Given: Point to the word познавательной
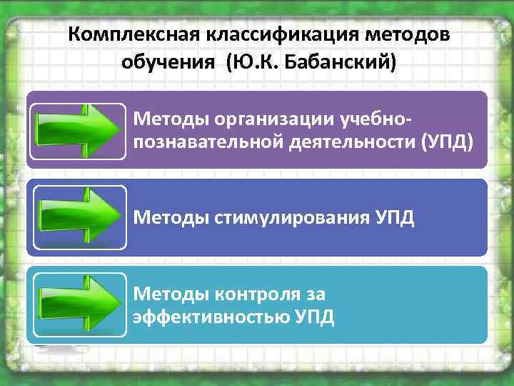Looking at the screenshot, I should pyautogui.click(x=208, y=142).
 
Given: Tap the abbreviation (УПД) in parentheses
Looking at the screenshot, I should pyautogui.click(x=448, y=142).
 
